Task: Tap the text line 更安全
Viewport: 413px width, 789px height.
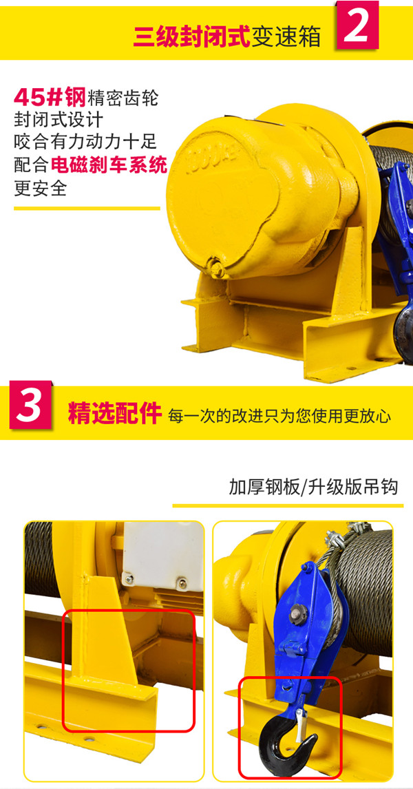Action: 41,187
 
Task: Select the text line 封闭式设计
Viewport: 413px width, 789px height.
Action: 59,120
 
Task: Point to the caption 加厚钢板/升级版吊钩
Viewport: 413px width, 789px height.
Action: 314,487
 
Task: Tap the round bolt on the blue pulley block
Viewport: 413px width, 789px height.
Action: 301,611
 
